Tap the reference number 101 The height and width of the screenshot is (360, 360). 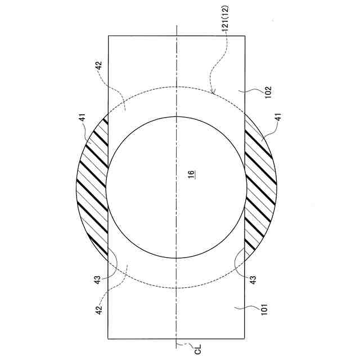point(264,309)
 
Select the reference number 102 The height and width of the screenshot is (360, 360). point(268,92)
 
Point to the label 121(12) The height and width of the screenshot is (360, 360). point(226,19)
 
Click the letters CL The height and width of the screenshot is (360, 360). point(197,349)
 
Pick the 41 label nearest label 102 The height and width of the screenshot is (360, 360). point(278,118)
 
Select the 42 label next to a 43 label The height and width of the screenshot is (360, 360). point(99,310)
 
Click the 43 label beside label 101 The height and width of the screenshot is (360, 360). point(253,280)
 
